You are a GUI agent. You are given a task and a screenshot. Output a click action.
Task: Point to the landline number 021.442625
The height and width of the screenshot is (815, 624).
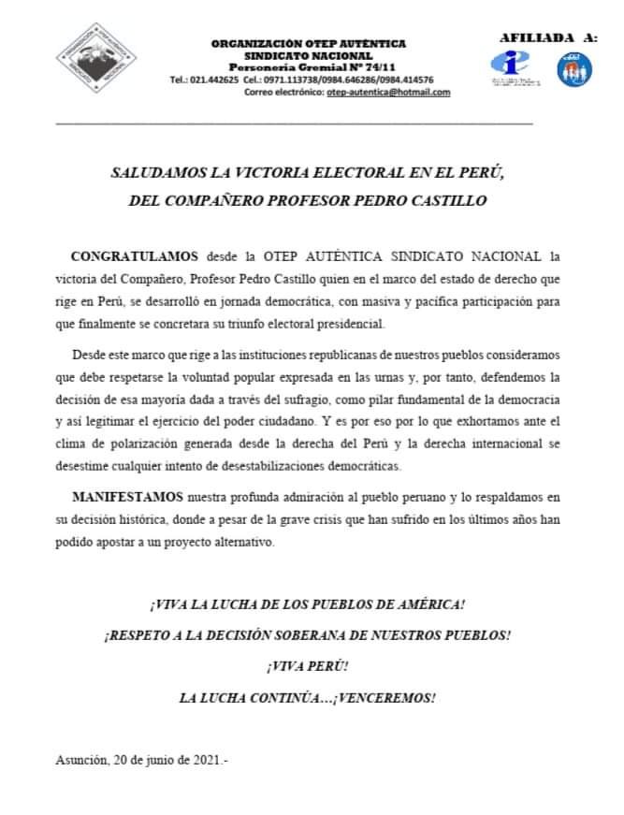[210, 80]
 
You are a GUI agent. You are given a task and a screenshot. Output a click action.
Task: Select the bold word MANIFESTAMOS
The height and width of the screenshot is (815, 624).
[128, 495]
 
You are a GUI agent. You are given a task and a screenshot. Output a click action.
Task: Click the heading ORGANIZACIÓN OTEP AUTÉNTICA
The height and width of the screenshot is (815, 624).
[308, 44]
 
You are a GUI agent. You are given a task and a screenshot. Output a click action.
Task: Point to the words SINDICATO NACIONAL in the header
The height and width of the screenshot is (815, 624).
[308, 55]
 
